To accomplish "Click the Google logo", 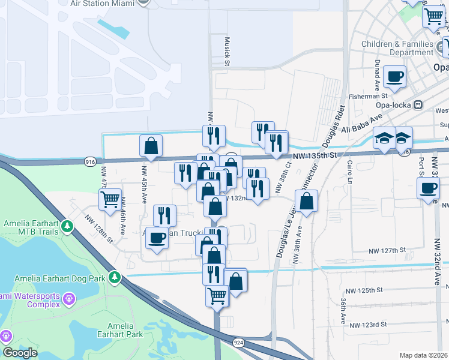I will pyautogui.click(x=20, y=353).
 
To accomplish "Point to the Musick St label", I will pyautogui.click(x=228, y=52).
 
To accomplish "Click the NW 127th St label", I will pyautogui.click(x=387, y=250).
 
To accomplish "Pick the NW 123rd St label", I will pyautogui.click(x=368, y=325).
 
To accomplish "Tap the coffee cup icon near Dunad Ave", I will pyautogui.click(x=394, y=77).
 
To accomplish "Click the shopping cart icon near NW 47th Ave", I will pyautogui.click(x=110, y=200).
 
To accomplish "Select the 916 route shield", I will pyautogui.click(x=91, y=161).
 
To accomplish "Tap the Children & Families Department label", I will pyautogui.click(x=397, y=48).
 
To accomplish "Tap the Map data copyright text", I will pyautogui.click(x=423, y=355).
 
